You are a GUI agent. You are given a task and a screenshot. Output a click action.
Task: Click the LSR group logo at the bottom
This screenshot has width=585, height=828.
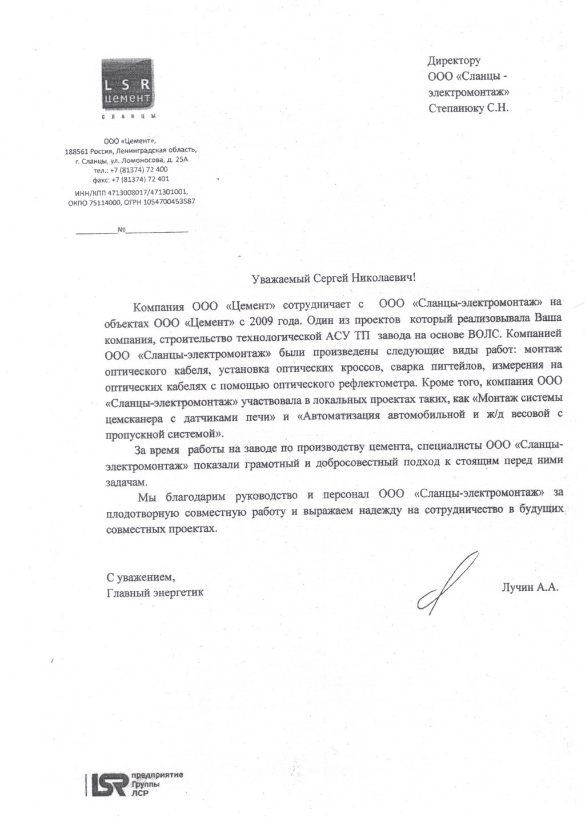click(x=136, y=783)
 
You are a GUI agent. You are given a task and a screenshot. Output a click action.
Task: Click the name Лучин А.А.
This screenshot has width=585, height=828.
click(x=529, y=586)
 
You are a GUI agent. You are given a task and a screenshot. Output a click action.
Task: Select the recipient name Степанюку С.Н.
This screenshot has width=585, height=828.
click(x=468, y=108)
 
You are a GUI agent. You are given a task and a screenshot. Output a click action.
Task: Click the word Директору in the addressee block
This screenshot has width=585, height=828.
click(x=454, y=60)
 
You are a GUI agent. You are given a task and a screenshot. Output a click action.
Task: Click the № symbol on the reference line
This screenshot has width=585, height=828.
click(x=121, y=230)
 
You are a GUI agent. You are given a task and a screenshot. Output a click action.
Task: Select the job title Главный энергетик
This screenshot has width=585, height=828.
click(x=155, y=592)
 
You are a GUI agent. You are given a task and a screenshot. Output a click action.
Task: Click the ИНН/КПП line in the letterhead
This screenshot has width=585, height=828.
click(x=131, y=193)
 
